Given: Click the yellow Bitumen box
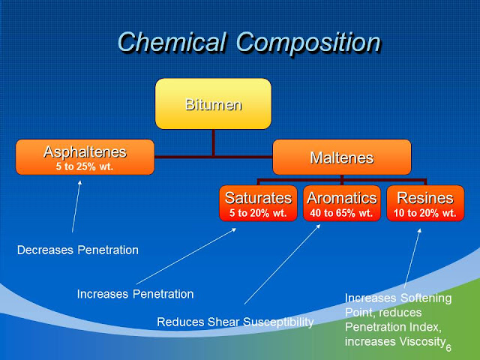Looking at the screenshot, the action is point(213,103).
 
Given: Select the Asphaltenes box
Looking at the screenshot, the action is point(85,157).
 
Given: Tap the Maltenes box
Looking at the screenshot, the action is point(342,157).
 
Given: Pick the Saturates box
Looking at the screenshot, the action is point(258,203).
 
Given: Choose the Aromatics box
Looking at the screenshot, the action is point(342,203).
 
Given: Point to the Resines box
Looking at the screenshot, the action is point(425,203).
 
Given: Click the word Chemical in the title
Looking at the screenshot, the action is point(172,42).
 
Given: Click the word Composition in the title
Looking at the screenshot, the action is point(308,43).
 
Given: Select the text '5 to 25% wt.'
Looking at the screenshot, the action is point(85,166).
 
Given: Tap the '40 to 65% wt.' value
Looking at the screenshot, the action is point(341,213).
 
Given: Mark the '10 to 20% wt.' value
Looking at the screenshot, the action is point(425,213).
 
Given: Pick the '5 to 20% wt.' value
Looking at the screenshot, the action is point(258,213).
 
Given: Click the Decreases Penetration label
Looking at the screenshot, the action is point(78,250).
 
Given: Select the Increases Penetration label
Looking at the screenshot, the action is point(135,294).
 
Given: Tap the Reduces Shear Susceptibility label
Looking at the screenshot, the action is point(235,322).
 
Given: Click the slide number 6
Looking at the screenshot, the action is point(448,348).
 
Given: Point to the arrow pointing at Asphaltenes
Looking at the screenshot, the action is point(76,206).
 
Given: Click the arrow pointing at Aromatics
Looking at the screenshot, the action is point(282,264).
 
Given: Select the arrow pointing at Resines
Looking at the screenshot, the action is point(412,258).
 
